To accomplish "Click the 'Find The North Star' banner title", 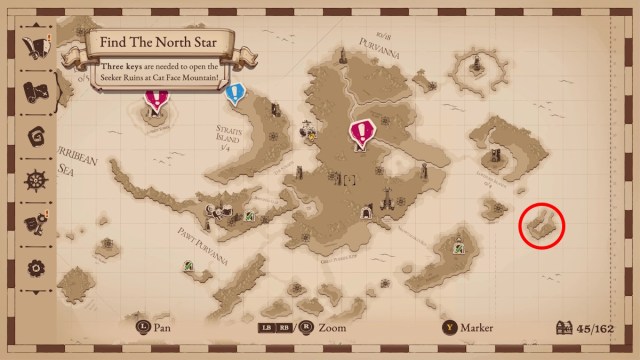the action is (x=159, y=43).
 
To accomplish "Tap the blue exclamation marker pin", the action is (x=235, y=94).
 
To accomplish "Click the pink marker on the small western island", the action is (x=156, y=98).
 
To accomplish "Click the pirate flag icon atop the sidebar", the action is (x=37, y=46).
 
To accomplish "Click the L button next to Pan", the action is (x=143, y=327).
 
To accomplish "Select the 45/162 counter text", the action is (x=601, y=327).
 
